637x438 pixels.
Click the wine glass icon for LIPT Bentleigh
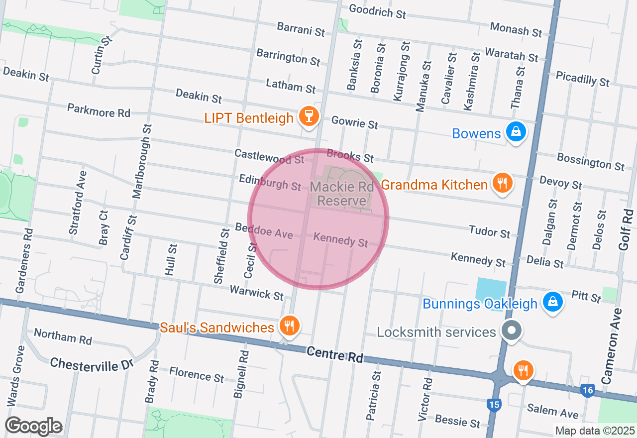click(x=309, y=117)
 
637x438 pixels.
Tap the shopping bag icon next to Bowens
click(x=517, y=132)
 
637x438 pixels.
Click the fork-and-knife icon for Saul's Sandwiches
click(x=288, y=326)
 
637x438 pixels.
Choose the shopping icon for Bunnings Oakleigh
click(x=552, y=302)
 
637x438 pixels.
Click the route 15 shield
click(x=494, y=405)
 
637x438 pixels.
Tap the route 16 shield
click(x=588, y=391)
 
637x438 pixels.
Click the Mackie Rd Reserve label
click(x=341, y=194)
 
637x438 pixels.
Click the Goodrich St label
click(x=377, y=11)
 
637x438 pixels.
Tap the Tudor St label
click(x=490, y=231)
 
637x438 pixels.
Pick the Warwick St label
click(x=256, y=292)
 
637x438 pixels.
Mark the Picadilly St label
click(x=583, y=79)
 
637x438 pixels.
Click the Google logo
click(x=33, y=426)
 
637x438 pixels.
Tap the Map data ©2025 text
click(x=595, y=431)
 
